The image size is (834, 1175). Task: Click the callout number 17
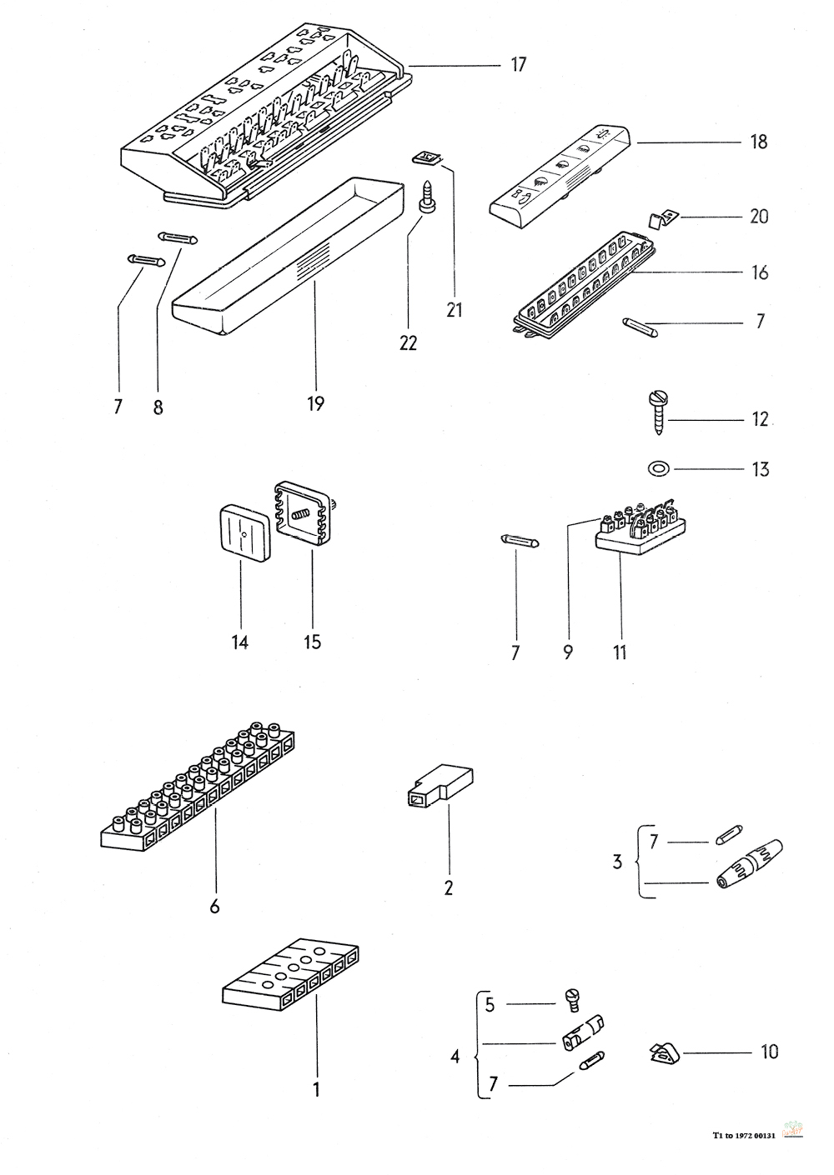518,65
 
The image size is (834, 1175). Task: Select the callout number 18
758,142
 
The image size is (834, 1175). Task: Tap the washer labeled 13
658,469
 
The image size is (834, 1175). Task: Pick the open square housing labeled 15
305,513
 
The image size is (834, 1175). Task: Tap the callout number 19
314,404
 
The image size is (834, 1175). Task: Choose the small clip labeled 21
426,157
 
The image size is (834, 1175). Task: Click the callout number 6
214,907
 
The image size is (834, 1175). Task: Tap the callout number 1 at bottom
316,1088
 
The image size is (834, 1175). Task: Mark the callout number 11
619,651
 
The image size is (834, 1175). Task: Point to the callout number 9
567,651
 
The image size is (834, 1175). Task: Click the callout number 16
759,272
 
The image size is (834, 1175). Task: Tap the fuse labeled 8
178,238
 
